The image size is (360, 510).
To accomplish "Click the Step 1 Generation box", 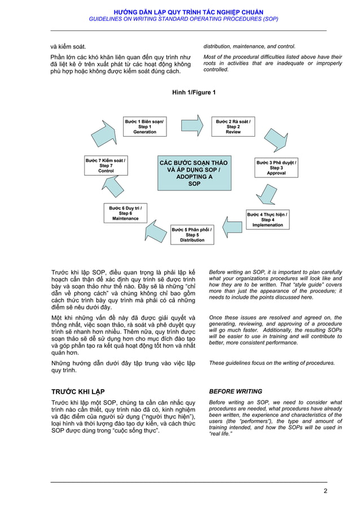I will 145,127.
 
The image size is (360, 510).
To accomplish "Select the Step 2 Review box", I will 233,127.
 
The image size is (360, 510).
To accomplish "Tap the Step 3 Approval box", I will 276,168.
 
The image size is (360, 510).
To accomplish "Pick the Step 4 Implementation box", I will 267,219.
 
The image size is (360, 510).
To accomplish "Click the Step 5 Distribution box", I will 192,234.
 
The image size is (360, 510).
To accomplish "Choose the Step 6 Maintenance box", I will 125,213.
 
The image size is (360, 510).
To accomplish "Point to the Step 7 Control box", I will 106,165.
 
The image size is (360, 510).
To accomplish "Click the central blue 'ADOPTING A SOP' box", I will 194,173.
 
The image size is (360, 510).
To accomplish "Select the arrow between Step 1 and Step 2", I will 192,125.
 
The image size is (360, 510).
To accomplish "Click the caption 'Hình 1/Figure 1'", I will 194,92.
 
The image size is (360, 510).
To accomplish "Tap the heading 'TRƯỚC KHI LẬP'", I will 78,391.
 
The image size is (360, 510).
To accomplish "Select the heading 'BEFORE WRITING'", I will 235,391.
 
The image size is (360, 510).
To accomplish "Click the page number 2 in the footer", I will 325,490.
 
